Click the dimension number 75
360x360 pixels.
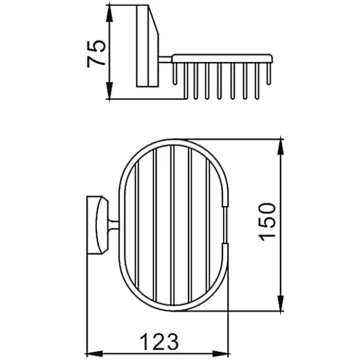pos(97,53)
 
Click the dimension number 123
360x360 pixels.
pos(159,342)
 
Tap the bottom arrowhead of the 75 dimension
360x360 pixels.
pos(110,91)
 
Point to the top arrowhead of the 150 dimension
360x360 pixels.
pos(280,148)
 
